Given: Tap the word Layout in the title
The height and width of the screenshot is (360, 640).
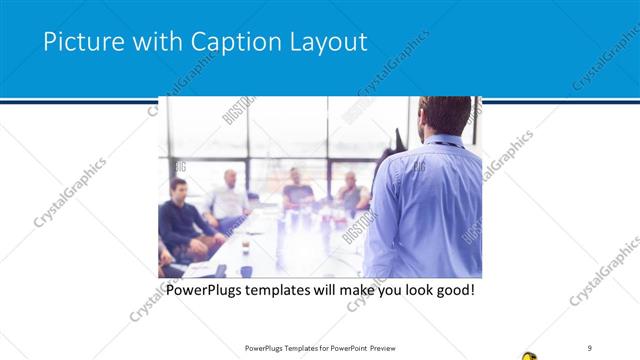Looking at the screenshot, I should tap(325, 42).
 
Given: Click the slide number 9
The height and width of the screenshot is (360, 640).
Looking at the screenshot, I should tap(590, 347).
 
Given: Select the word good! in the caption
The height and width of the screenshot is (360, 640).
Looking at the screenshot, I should tap(453, 291).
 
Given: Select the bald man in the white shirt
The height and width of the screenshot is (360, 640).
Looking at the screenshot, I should tap(231, 196).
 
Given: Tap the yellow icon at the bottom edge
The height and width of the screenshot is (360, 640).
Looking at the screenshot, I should tap(529, 355).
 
